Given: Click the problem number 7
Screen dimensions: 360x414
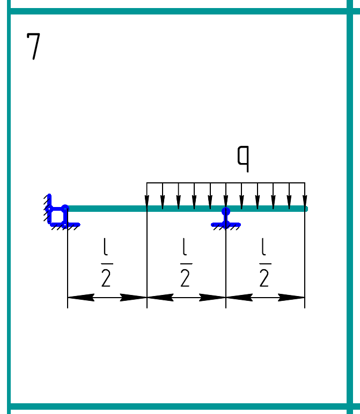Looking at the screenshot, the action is tap(34, 46).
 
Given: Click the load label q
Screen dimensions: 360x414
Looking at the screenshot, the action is tap(243, 159).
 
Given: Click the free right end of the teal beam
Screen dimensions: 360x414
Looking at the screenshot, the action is tap(306, 209).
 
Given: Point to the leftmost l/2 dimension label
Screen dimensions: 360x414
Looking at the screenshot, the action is tap(107, 262).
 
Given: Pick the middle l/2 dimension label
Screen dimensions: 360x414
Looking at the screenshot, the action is tap(186, 262).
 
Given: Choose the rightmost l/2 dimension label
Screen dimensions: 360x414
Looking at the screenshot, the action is tap(265, 262).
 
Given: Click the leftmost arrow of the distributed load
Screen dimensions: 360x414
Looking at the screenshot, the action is tap(147, 195).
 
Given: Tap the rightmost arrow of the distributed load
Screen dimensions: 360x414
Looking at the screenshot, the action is tap(305, 195).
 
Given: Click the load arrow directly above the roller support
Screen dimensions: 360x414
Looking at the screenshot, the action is tap(226, 195).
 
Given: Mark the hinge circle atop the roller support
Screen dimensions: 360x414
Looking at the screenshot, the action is tap(226, 211).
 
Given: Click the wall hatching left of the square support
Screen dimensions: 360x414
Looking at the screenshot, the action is tap(47, 209).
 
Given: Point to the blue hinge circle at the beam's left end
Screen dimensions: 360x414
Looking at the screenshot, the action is tap(65, 209).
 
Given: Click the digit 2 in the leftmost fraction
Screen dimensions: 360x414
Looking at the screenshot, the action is tap(106, 278).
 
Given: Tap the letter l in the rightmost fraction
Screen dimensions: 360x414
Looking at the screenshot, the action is tap(263, 247).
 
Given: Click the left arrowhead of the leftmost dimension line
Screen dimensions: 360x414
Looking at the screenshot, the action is tap(81, 298).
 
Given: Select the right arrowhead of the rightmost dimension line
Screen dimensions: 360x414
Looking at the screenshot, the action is tap(291, 298).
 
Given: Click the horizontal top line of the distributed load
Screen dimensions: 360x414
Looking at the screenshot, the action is tap(226, 182).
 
